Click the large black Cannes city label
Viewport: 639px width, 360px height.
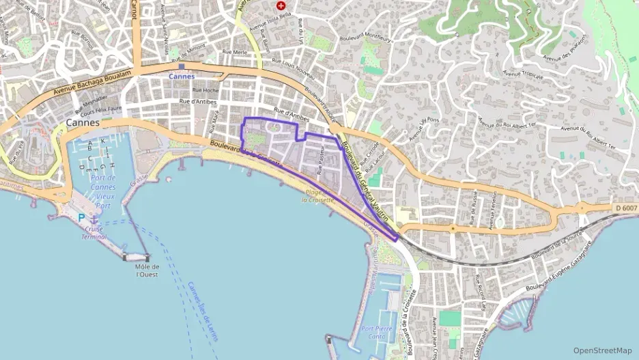pyautogui.click(x=83, y=122)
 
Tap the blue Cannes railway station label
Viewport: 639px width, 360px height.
pyautogui.click(x=182, y=76)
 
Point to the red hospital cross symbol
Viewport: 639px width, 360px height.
pyautogui.click(x=281, y=5)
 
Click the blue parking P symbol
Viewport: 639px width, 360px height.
pyautogui.click(x=82, y=217)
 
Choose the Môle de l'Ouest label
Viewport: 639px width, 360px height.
pyautogui.click(x=147, y=271)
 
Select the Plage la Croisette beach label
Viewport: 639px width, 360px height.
pyautogui.click(x=319, y=197)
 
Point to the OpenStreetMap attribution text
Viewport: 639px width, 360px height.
pyautogui.click(x=603, y=350)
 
